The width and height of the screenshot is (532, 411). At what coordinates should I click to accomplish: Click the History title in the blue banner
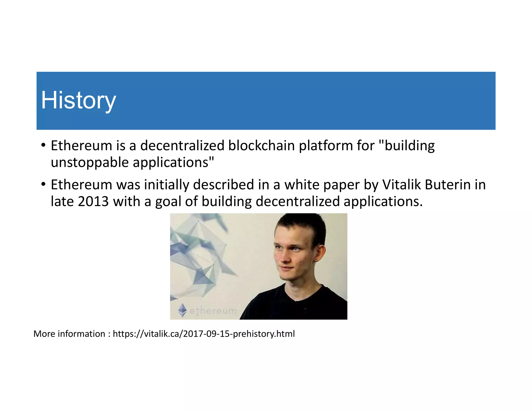click(78, 101)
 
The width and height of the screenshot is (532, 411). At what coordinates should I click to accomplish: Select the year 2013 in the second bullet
click(93, 201)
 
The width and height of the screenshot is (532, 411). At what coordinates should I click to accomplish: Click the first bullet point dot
click(43, 145)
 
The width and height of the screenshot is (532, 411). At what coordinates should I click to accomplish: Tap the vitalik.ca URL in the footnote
click(204, 334)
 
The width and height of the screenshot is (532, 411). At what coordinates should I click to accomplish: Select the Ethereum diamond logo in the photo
click(182, 310)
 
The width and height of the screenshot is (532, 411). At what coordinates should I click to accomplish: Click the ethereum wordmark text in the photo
click(213, 311)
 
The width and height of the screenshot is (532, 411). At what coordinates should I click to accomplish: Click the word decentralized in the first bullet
click(182, 145)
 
